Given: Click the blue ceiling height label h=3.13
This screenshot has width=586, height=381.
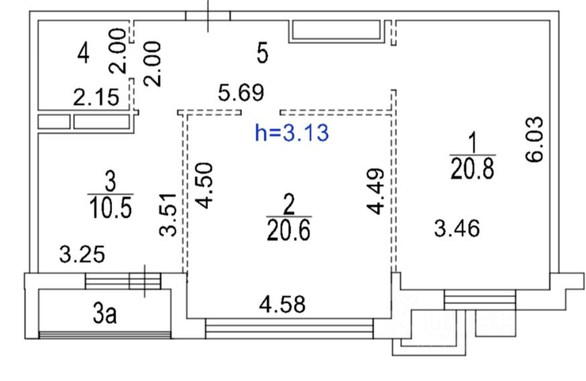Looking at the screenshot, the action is (292, 133).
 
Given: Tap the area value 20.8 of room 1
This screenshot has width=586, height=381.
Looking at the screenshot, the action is (473, 168).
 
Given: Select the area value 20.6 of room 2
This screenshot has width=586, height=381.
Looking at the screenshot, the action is (288, 230).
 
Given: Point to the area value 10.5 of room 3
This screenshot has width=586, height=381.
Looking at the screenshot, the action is (111, 207).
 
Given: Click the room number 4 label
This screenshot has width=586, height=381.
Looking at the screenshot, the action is (83, 54).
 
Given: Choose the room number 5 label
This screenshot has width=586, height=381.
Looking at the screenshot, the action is (263, 53).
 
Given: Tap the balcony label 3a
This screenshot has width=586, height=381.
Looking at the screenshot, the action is (105, 313).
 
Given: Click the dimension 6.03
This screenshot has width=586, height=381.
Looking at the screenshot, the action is (534, 139).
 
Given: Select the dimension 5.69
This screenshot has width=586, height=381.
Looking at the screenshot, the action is (241, 93).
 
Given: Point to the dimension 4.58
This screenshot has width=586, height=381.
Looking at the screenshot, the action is (282, 304).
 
